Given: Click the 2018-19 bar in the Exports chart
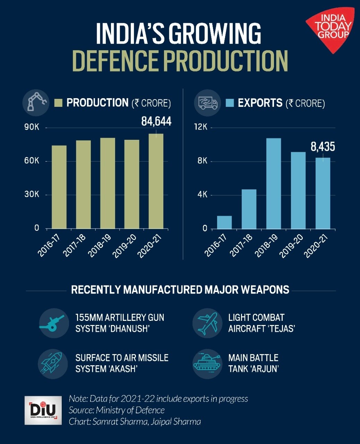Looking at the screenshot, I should (x=273, y=183).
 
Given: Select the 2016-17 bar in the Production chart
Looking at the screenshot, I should (x=59, y=187).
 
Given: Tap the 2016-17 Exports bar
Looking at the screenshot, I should (x=224, y=222).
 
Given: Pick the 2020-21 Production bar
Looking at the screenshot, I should (x=156, y=181).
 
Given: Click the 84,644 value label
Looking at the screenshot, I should (x=156, y=121).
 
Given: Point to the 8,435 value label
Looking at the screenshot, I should (x=323, y=147).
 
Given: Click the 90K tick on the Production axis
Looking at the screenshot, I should (x=32, y=128).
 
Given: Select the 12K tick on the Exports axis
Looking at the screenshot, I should (x=201, y=127).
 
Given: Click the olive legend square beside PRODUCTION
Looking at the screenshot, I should (x=58, y=103).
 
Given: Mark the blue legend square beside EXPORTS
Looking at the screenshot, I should (x=230, y=103).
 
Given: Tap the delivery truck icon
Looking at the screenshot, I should (x=207, y=103).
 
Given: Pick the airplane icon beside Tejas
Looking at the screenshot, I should (x=207, y=323).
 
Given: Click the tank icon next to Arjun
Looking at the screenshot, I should (x=207, y=363).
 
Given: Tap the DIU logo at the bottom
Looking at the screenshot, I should (x=43, y=410).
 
